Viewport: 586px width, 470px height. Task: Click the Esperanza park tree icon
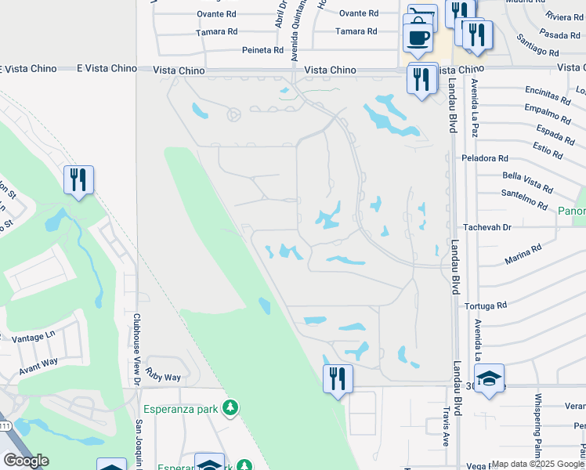click(x=230, y=408)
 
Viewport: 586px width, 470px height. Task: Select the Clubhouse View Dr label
click(x=136, y=349)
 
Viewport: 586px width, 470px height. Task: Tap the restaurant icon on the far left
click(x=78, y=180)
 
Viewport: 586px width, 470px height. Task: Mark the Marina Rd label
click(x=523, y=253)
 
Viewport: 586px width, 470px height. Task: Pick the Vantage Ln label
click(x=34, y=336)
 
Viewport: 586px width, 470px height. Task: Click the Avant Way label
click(x=38, y=362)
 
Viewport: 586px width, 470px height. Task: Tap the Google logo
click(x=26, y=461)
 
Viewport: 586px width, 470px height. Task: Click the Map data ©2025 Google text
click(x=537, y=464)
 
